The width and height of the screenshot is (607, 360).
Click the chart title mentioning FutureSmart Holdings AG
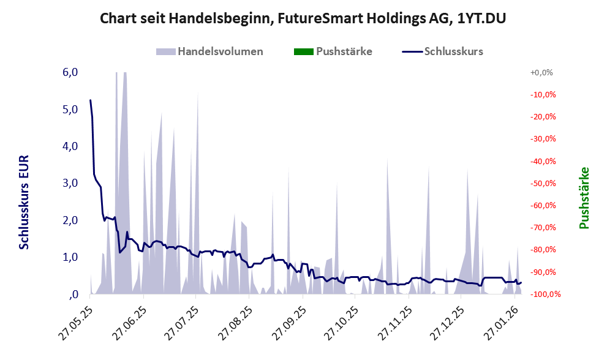(x=303, y=19)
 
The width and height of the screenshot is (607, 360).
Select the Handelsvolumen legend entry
(x=211, y=51)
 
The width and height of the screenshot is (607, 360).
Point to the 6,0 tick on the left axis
(x=70, y=72)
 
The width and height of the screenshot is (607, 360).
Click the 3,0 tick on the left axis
(x=70, y=183)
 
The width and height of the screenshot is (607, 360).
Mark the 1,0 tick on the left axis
(x=70, y=257)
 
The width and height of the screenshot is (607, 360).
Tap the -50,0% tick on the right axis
(x=541, y=183)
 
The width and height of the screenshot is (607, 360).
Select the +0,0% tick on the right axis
(x=541, y=72)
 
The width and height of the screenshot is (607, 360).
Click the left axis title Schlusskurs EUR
(x=25, y=202)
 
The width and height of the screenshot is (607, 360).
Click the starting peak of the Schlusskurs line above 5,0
(x=91, y=100)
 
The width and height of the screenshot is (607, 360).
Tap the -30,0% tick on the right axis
(x=541, y=139)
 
